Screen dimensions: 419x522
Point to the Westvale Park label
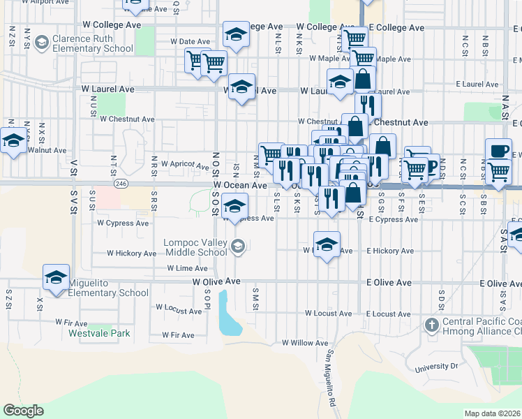(x=99, y=333)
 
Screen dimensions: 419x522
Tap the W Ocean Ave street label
(x=240, y=186)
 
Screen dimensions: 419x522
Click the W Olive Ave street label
(x=216, y=281)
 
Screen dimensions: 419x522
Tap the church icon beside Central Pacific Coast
(x=432, y=325)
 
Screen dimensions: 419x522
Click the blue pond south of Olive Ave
(x=229, y=314)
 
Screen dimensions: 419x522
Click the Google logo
(x=23, y=411)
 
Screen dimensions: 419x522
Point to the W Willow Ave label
(x=304, y=343)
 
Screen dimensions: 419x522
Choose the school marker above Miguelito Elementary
(x=56, y=277)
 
